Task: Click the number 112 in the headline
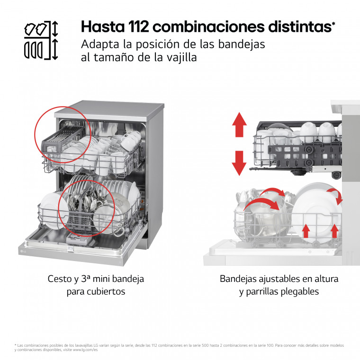tap(138, 27)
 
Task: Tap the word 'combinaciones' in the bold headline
tap(208, 27)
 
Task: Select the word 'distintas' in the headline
tap(300, 27)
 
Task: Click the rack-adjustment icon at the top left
tap(41, 40)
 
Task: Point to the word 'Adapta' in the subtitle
tap(100, 45)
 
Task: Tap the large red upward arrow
tap(239, 125)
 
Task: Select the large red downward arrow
tap(239, 163)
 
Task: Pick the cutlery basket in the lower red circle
tap(79, 221)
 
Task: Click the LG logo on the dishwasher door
tap(23, 252)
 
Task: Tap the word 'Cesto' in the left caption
tap(60, 279)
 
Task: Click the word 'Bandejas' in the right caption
tap(238, 279)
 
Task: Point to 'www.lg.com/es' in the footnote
tap(85, 350)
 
